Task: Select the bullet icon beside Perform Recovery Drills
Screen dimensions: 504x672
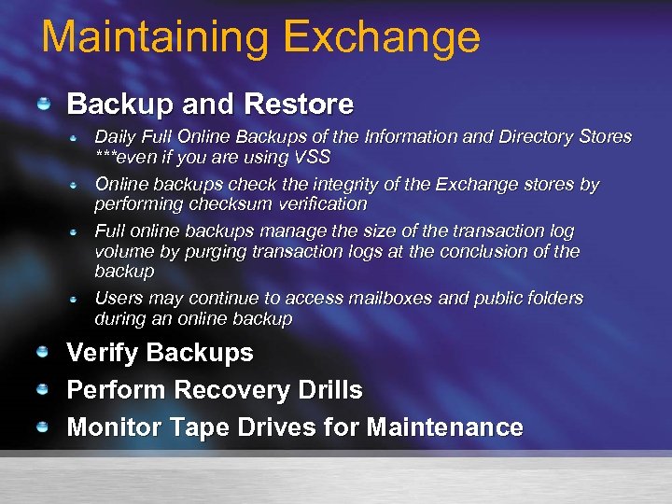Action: [x=43, y=389]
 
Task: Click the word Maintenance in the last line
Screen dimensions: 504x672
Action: [x=445, y=427]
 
